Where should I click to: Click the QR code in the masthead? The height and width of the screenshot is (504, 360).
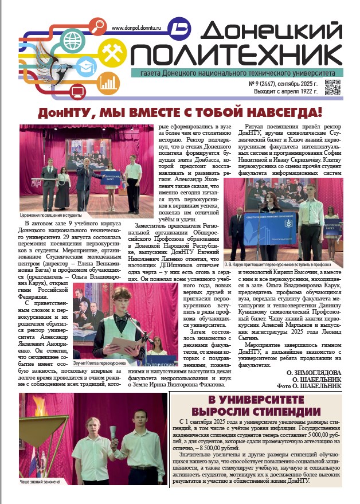point(332,88)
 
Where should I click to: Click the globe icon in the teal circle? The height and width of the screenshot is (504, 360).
point(73,41)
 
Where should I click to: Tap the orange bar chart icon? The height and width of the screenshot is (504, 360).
point(105,84)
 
